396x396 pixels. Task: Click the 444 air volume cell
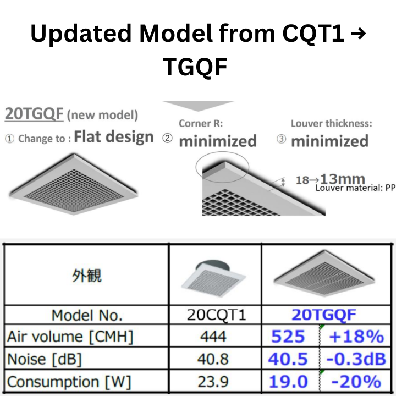[215, 337]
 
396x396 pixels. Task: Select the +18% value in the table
[355, 337]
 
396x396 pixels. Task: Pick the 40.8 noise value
[215, 359]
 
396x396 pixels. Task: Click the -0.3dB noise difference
[355, 359]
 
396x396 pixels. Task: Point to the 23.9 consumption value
[215, 381]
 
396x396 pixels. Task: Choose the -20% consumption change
[355, 381]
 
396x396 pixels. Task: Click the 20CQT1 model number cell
[215, 315]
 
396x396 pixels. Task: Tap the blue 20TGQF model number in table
[324, 315]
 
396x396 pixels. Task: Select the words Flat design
[114, 136]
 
